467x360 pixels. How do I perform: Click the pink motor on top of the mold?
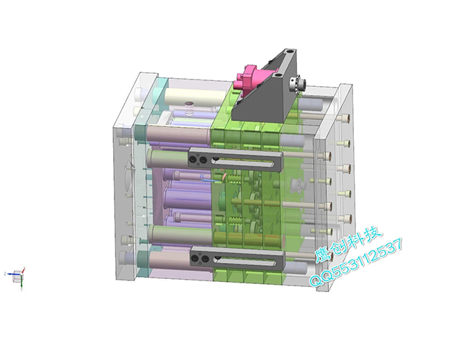coord(246,79)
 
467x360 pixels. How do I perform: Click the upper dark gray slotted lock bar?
coord(235,160)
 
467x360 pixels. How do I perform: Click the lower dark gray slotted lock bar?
coord(237,258)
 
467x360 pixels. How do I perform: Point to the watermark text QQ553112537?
coord(356,263)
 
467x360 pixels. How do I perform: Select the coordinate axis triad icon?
coord(17,276)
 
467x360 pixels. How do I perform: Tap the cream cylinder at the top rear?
coord(194,96)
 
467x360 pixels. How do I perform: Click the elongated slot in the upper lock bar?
coord(242,162)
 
